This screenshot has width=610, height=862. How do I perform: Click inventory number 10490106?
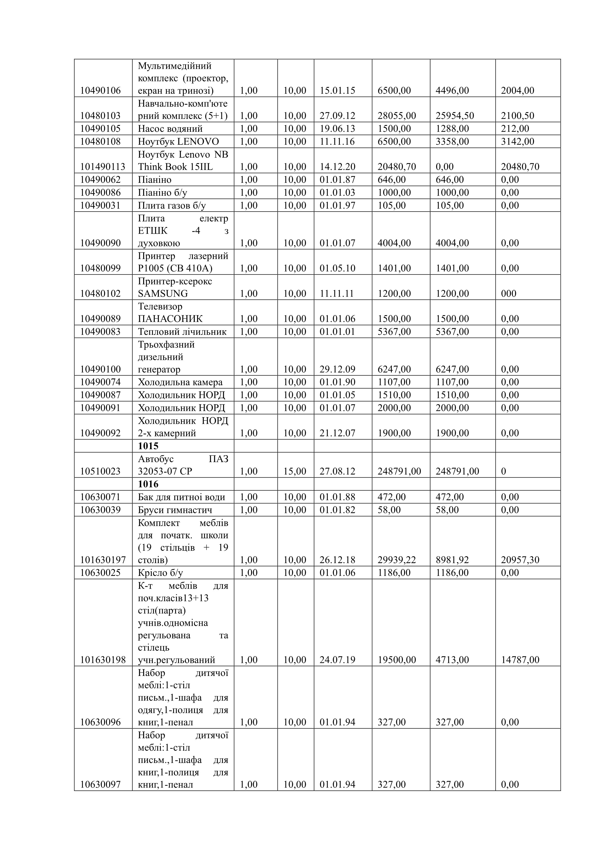click(x=100, y=90)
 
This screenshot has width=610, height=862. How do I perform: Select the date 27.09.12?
click(x=337, y=116)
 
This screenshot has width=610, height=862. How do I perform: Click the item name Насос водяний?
click(x=170, y=129)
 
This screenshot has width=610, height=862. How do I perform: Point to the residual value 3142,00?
click(x=517, y=142)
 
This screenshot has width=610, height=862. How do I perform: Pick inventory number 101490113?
click(x=103, y=167)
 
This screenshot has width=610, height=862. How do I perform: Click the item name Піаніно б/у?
click(x=162, y=193)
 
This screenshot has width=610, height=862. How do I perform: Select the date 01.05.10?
click(x=337, y=268)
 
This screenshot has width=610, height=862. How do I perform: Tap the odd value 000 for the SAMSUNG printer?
click(x=509, y=293)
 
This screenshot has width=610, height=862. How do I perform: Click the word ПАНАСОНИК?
click(x=170, y=319)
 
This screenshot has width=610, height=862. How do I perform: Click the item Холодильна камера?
click(x=180, y=382)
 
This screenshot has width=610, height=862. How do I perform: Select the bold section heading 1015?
click(x=148, y=446)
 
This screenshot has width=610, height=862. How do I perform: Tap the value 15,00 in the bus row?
click(x=294, y=471)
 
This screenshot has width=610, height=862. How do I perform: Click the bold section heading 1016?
click(x=148, y=484)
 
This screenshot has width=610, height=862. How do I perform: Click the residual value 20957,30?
click(x=520, y=560)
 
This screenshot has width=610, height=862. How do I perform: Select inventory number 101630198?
click(x=103, y=660)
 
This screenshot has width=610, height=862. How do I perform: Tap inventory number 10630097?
click(x=100, y=784)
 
